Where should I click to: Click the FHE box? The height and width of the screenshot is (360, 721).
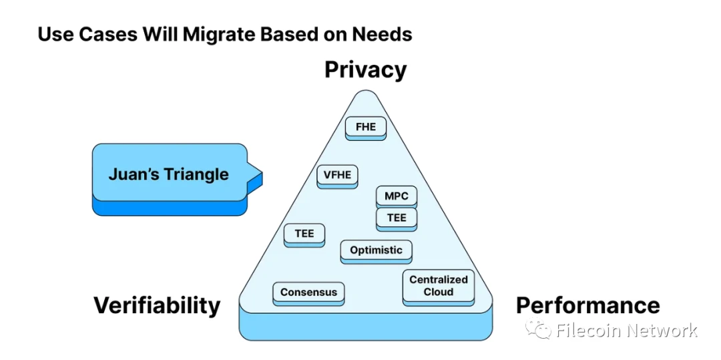tap(366, 126)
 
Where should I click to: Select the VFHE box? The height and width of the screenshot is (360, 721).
tap(337, 175)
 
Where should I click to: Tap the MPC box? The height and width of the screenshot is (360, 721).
tap(397, 196)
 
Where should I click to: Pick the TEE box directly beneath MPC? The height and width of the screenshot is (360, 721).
tap(397, 218)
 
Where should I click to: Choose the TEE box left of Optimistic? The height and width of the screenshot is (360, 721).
tap(304, 234)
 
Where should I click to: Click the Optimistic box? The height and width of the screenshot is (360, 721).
tap(376, 250)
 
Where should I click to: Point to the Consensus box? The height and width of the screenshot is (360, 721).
tap(308, 292)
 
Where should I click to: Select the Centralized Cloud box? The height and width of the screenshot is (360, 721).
tap(439, 286)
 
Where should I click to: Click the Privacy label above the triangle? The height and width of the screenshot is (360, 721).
tap(365, 69)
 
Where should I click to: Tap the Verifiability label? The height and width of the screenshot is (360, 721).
tap(157, 305)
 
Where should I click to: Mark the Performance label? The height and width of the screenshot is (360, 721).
tap(587, 305)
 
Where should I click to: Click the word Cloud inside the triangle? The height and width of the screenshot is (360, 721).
tap(439, 292)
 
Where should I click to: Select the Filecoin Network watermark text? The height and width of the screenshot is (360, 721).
tap(626, 331)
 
